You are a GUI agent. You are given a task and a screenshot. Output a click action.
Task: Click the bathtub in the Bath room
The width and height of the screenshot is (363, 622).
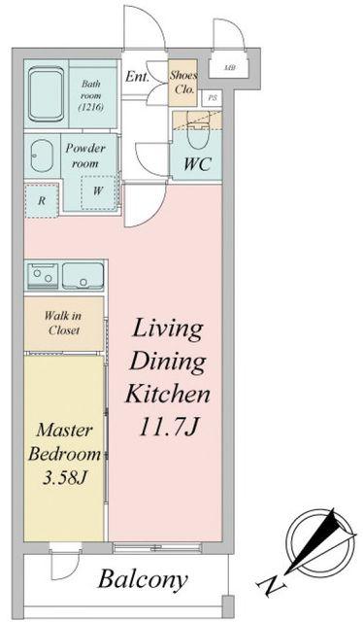[46, 93]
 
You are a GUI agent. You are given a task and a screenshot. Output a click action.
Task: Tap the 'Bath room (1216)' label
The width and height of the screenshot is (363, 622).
[91, 95]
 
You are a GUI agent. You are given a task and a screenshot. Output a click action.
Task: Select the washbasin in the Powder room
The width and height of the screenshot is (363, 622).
[42, 155]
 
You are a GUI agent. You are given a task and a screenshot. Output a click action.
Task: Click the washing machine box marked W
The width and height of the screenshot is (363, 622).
[99, 192]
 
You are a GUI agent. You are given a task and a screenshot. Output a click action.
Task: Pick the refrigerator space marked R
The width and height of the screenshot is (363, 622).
[41, 200]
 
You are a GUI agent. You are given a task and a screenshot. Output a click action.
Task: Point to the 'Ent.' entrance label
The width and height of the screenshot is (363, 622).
[137, 76]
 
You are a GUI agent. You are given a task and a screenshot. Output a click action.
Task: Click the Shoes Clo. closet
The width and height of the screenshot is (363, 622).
[182, 83]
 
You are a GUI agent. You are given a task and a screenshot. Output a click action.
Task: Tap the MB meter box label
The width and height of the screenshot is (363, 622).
[229, 68]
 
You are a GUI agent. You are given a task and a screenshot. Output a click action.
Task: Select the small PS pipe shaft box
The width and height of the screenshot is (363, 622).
[212, 98]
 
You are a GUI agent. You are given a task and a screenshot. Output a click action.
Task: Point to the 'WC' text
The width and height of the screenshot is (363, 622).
[197, 164]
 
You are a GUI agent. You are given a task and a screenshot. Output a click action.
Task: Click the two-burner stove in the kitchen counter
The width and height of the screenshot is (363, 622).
[43, 275]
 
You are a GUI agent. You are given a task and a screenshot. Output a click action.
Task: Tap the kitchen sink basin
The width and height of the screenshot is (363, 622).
[82, 275]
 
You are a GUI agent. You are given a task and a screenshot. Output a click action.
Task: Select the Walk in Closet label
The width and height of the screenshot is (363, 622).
[63, 323]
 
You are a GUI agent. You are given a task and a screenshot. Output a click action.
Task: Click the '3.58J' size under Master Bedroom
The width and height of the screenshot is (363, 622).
[65, 479]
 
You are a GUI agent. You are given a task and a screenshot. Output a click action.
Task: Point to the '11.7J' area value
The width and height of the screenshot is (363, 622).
[168, 428]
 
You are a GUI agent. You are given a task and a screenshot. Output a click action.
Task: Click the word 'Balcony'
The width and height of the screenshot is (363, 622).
[143, 580]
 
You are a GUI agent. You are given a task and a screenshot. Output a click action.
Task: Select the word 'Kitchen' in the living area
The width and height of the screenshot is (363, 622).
[167, 395]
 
